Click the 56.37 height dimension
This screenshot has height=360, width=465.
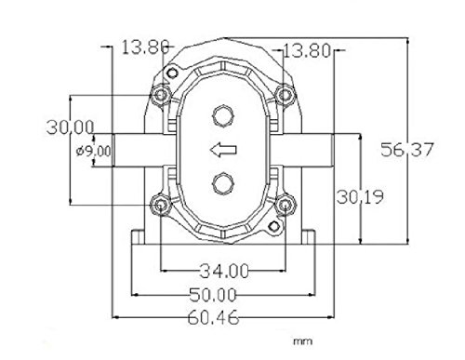coord(406,150)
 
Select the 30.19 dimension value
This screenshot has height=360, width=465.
coord(360,196)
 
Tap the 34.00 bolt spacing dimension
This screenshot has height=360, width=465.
coord(224,271)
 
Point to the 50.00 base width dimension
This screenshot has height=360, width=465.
coord(213,295)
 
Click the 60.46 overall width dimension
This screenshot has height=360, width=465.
coord(214,317)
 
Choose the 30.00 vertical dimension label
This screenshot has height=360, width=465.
coord(70,127)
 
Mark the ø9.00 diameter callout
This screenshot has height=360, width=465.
coord(93,152)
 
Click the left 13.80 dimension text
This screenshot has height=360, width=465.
coord(145,47)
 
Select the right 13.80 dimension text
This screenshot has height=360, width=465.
coord(307,51)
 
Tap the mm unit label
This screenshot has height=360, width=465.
coord(303,341)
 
